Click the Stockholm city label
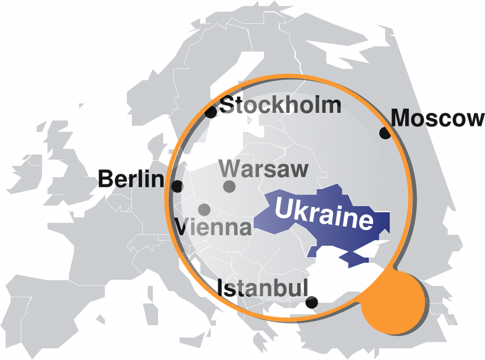[281, 105]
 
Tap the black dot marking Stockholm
[211, 111]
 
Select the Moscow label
[438, 118]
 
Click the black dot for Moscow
[385, 133]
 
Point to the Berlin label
[131, 178]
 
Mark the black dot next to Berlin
[177, 186]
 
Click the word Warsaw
[264, 169]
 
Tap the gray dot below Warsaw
[229, 187]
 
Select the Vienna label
[214, 226]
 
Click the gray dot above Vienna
[204, 209]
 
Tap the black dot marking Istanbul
[312, 303]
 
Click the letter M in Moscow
[402, 118]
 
